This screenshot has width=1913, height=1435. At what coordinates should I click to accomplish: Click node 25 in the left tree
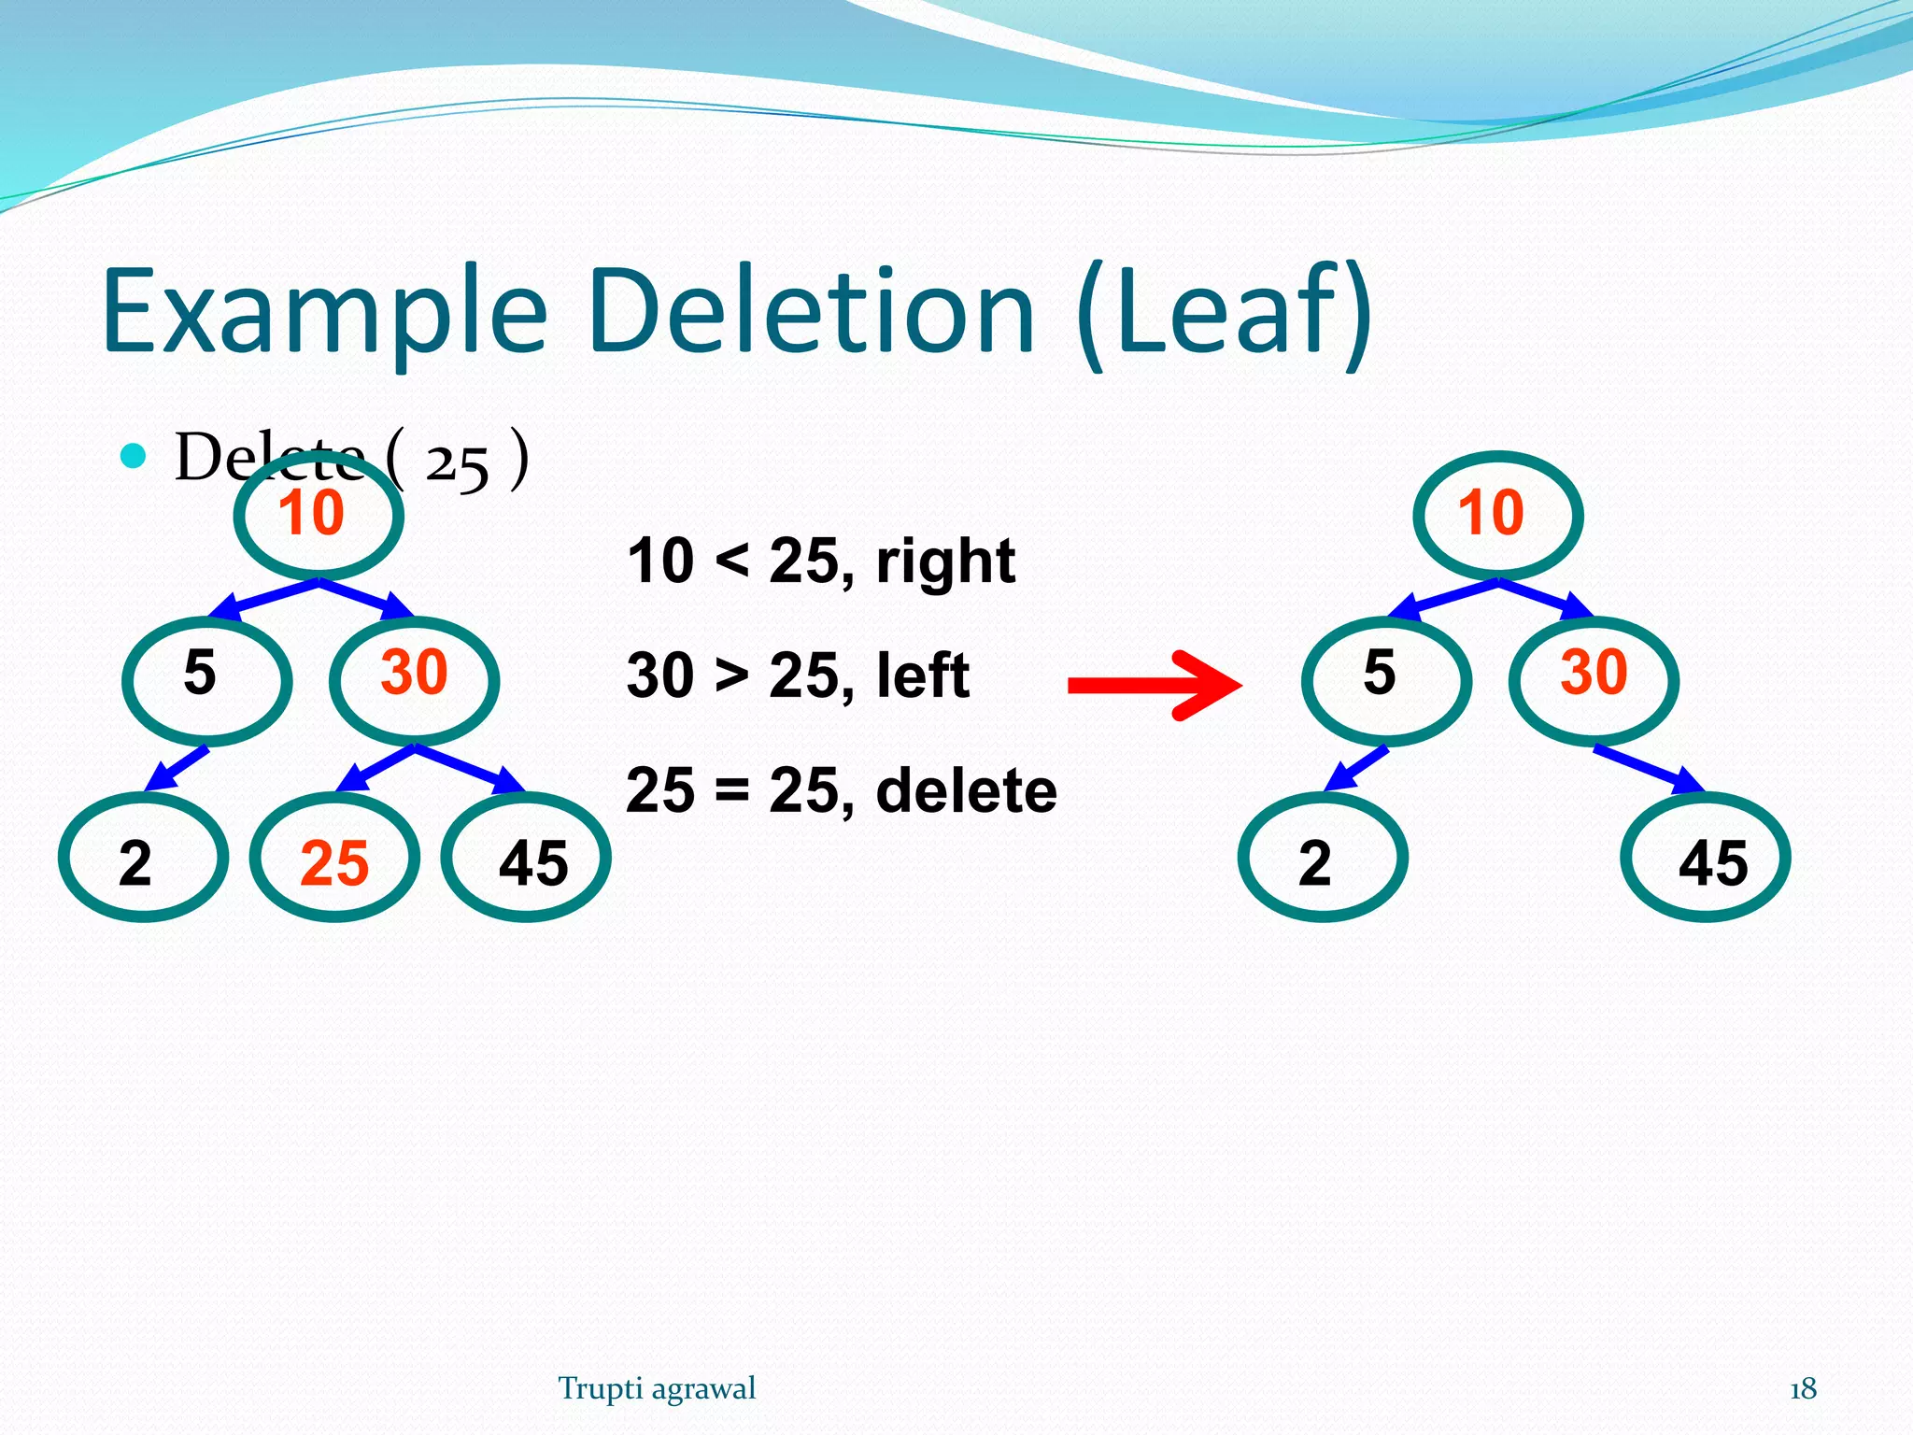(334, 858)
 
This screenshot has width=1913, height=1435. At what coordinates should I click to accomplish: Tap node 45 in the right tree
(1706, 858)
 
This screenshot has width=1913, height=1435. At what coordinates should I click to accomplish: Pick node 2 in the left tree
(143, 858)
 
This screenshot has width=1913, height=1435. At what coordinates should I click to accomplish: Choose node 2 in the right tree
(1323, 858)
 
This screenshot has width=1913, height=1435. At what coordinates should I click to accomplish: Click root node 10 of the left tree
(319, 515)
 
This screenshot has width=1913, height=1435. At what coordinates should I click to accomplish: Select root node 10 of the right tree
(1498, 515)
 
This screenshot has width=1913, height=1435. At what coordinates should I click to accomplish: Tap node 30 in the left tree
(414, 680)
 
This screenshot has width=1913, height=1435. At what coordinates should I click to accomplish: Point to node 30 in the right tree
(1594, 680)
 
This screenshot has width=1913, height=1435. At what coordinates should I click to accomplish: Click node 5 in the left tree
(206, 680)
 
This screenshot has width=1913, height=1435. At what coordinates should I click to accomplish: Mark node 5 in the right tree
(1386, 680)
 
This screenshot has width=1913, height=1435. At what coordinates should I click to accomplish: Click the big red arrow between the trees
(1155, 686)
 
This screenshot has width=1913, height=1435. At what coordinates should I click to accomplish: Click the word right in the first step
(945, 561)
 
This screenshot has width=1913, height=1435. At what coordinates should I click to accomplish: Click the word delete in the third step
(966, 790)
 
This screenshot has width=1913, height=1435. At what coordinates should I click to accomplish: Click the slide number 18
(1803, 1389)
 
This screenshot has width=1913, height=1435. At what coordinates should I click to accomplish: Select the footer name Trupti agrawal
(657, 1389)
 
